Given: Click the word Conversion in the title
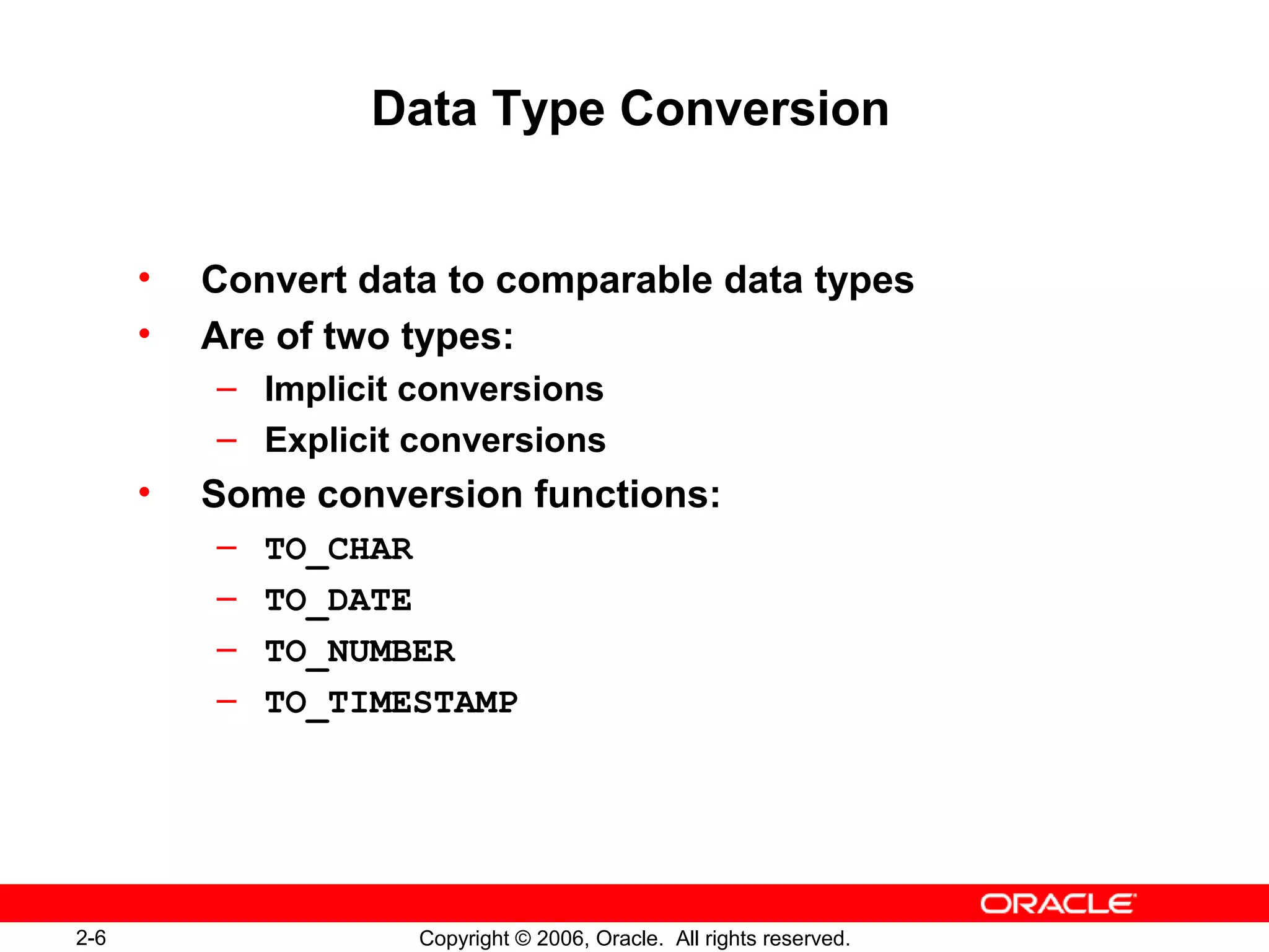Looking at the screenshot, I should pyautogui.click(x=754, y=109).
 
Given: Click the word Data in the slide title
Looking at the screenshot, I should pyautogui.click(x=424, y=109).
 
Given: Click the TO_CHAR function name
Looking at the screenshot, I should pyautogui.click(x=338, y=550).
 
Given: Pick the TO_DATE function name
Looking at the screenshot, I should pyautogui.click(x=338, y=601).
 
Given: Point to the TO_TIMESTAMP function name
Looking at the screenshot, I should pyautogui.click(x=391, y=703).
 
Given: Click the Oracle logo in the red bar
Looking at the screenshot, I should pyautogui.click(x=1058, y=904).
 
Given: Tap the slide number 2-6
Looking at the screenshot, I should pyautogui.click(x=91, y=938).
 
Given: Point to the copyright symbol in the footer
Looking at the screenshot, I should pyautogui.click(x=523, y=938).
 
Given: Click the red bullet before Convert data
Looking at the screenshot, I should pyautogui.click(x=144, y=277).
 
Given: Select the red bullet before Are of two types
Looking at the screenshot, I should pyautogui.click(x=144, y=334).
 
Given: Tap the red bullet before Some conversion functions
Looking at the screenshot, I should pyautogui.click(x=144, y=493).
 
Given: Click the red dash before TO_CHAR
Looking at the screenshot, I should pyautogui.click(x=227, y=547).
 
